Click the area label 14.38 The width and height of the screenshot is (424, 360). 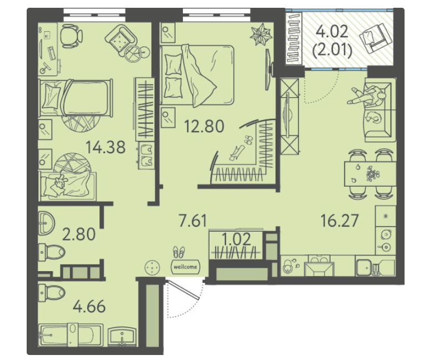tap(106, 148)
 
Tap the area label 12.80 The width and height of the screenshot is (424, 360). tap(204, 126)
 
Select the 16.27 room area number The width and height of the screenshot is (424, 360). tap(340, 220)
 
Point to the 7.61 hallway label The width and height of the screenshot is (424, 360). tap(193, 220)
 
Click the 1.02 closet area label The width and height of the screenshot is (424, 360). tap(237, 239)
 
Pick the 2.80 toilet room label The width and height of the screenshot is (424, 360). tap(79, 234)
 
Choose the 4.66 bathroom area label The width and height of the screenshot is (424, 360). tap(89, 307)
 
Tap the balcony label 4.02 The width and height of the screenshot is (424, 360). tap(333, 32)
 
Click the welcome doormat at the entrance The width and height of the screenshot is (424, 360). tap(186, 267)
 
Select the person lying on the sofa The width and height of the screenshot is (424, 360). tap(367, 96)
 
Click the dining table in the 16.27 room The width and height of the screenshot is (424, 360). tap(370, 173)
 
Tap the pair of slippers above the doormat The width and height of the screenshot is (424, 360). tap(179, 252)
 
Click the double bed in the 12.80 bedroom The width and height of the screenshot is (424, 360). tap(197, 75)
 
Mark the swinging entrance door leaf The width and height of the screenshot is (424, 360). tap(183, 290)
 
